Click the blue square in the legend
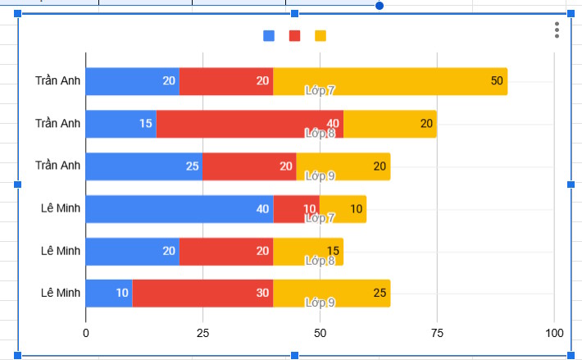coord(269,35)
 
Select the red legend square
coord(294,35)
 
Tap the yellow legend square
coord(320,35)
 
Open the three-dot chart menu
coord(557,30)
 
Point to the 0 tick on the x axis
coord(86,333)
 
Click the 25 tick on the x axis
coord(202,333)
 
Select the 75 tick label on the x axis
coord(437,333)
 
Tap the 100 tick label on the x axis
coord(554,333)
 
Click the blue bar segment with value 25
coord(143,166)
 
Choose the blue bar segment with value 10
coord(108,294)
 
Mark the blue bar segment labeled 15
coord(120,124)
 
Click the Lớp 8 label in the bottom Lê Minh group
coord(320,261)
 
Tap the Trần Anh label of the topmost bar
coord(58,81)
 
